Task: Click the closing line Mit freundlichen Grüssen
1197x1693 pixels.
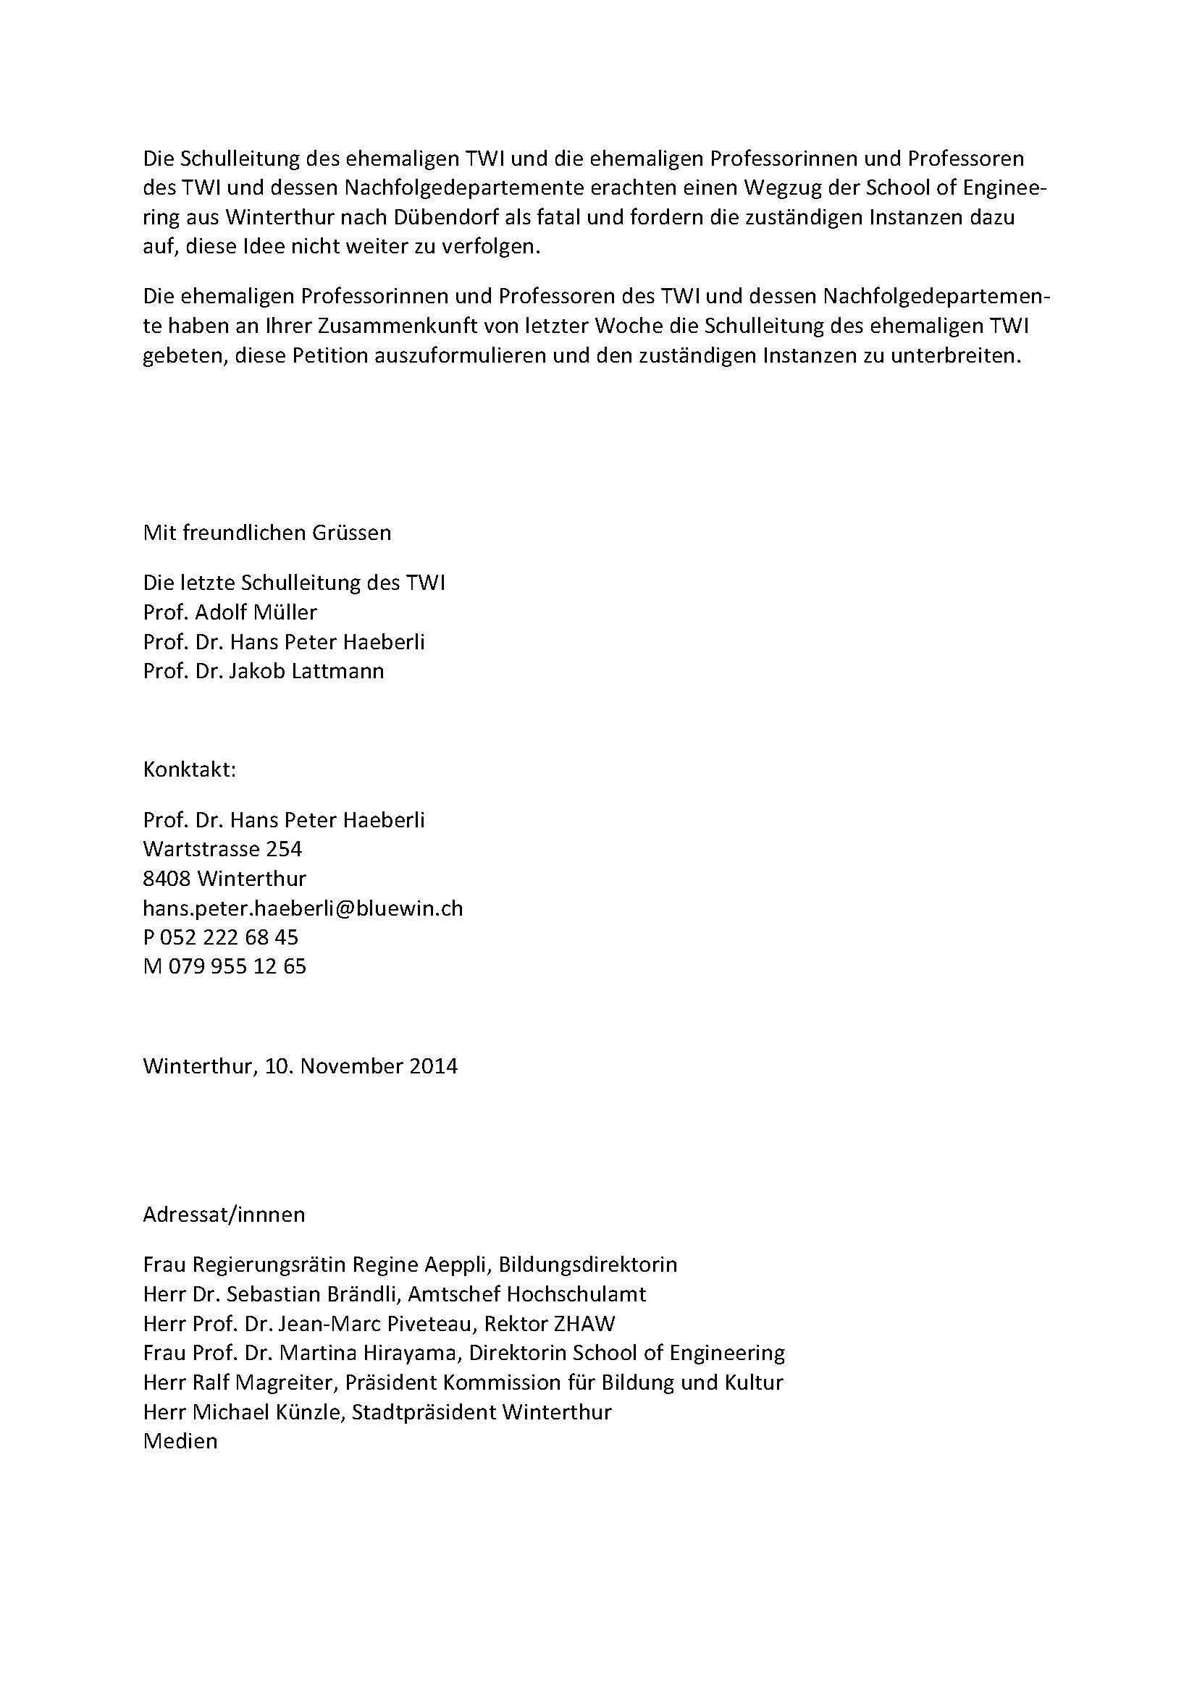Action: (x=267, y=533)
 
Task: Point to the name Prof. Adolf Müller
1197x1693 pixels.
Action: (x=230, y=612)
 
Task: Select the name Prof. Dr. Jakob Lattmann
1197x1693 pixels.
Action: (x=264, y=671)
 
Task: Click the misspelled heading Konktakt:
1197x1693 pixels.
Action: (x=190, y=770)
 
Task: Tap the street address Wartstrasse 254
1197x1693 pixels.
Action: (x=223, y=849)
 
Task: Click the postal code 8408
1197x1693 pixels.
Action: (x=167, y=878)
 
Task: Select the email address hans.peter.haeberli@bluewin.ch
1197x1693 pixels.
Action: (x=303, y=908)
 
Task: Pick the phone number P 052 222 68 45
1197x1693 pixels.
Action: (x=221, y=937)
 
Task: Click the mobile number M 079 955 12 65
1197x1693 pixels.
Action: (x=224, y=966)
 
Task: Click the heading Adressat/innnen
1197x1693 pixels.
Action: (x=224, y=1215)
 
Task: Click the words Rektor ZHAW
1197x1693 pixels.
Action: (x=549, y=1324)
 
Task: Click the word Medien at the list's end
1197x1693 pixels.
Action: (x=181, y=1441)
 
